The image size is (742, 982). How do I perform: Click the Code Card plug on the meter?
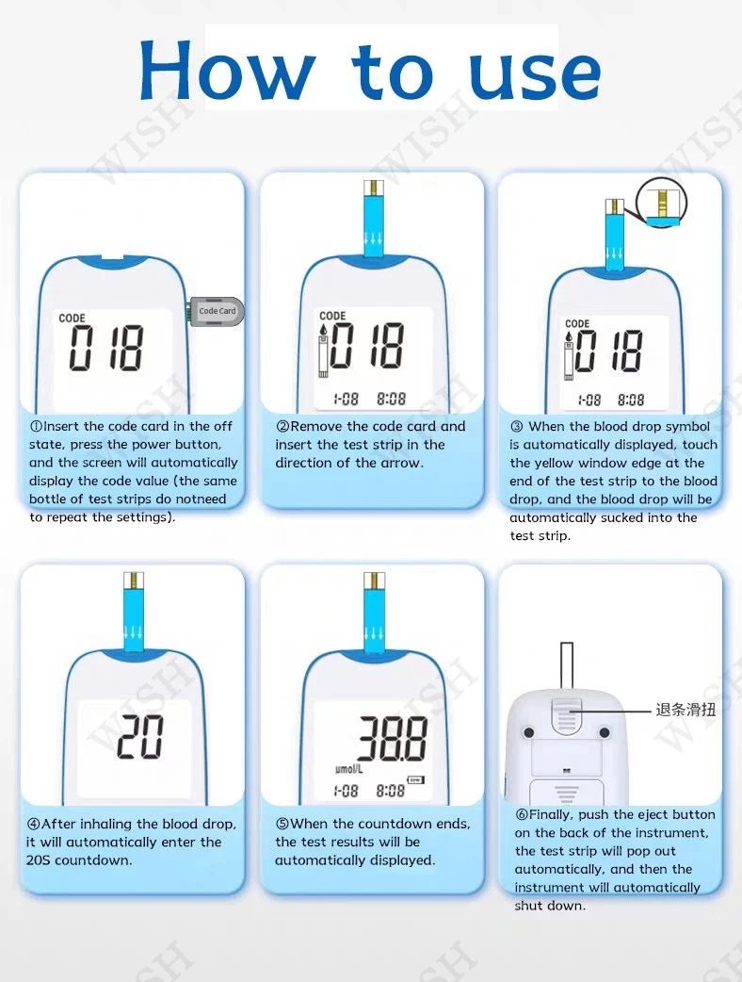[216, 311]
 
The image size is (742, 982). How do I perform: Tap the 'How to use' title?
[370, 70]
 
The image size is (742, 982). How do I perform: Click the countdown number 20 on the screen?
[140, 737]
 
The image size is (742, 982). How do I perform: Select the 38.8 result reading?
[393, 738]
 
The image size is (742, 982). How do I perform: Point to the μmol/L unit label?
[348, 768]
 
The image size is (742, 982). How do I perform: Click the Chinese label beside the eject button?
[686, 710]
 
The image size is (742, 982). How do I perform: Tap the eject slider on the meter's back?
[567, 714]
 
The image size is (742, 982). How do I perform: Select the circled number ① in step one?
[36, 427]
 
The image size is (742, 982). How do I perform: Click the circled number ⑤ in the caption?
[282, 824]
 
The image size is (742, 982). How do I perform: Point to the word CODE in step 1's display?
[72, 319]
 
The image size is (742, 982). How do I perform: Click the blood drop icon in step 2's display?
[324, 330]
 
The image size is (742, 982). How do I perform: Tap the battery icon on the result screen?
[415, 779]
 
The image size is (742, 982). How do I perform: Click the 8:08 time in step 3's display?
[631, 400]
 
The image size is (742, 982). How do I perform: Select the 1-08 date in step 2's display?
[346, 399]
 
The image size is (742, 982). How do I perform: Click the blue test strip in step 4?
[134, 613]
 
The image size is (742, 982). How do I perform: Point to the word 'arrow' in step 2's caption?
[402, 464]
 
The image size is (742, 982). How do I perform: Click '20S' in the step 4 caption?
[39, 860]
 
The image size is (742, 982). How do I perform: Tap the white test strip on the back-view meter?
[567, 665]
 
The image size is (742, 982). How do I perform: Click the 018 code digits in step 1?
[105, 348]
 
